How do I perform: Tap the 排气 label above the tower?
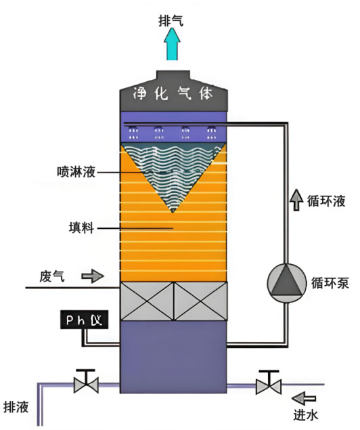tap(171, 21)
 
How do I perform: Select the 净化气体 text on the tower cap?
tap(173, 94)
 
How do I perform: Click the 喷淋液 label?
tap(76, 172)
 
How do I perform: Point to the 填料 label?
tap(81, 228)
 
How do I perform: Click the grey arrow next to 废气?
tap(93, 276)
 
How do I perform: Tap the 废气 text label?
tap(52, 276)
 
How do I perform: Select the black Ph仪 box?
tap(84, 320)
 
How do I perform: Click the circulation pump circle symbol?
tap(286, 283)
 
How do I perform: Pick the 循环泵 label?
tap(330, 283)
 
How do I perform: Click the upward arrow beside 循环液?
tap(296, 200)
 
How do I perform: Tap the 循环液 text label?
tap(325, 201)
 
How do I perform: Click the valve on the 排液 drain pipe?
tap(86, 382)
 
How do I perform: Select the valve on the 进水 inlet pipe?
tap(268, 383)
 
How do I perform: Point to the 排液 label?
tap(16, 407)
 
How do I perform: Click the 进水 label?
tap(306, 414)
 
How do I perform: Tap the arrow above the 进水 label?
tap(304, 398)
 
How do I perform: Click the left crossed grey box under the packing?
tap(147, 301)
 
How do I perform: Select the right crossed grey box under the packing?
tap(200, 301)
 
